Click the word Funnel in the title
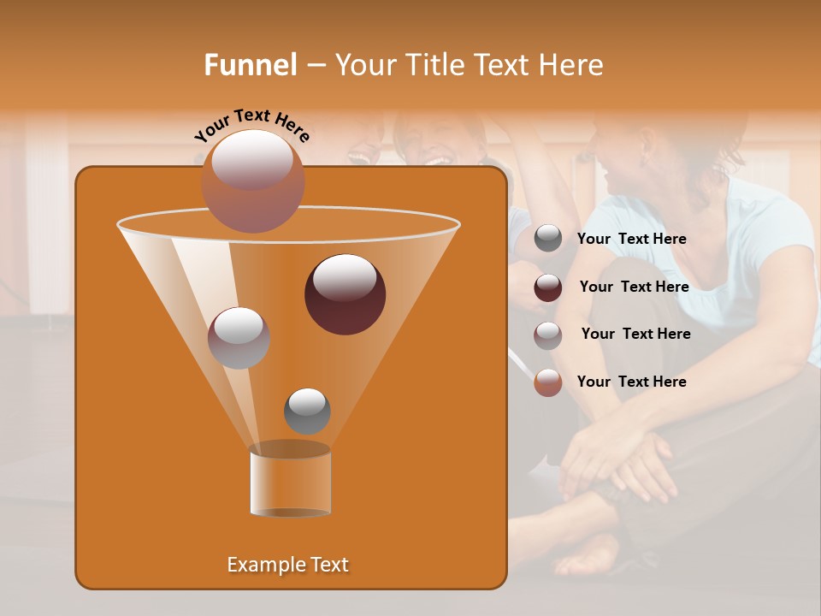(x=251, y=64)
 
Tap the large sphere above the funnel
(x=252, y=181)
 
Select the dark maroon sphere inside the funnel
(x=345, y=293)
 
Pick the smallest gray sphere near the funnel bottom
(x=307, y=411)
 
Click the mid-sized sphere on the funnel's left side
(x=239, y=337)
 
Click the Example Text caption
(x=288, y=565)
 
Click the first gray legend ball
(x=548, y=239)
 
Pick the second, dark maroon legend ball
(x=548, y=287)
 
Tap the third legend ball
(x=548, y=335)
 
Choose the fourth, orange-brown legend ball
(x=548, y=382)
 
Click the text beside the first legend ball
(x=631, y=240)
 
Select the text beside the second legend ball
(x=634, y=287)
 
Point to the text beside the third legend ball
(x=635, y=334)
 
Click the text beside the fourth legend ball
(x=631, y=382)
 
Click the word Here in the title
(x=570, y=64)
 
